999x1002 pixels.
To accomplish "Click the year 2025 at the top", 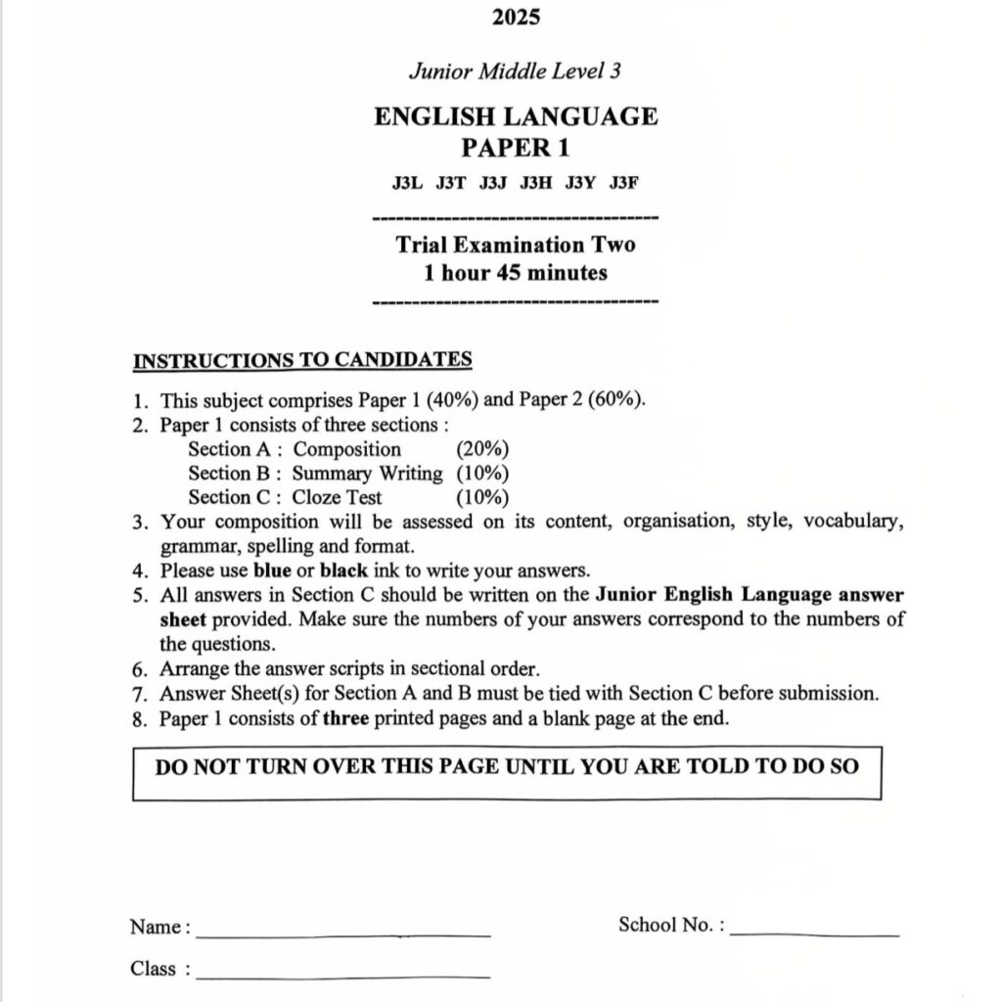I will (516, 17).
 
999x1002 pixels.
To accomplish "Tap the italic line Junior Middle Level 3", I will (516, 70).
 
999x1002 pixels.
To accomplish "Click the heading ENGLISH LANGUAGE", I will (516, 117).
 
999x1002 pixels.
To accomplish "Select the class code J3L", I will (405, 182).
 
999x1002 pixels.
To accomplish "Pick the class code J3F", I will (623, 182).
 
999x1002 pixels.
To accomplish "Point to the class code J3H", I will (536, 182).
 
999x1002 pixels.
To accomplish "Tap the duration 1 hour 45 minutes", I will (516, 273).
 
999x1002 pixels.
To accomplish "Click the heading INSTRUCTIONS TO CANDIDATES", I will (302, 360).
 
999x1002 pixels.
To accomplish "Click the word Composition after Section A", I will (347, 449).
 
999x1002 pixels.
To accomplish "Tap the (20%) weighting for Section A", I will (482, 449).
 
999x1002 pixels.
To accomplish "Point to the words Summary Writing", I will (368, 474).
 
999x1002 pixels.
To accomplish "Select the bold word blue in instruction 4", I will (272, 570).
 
